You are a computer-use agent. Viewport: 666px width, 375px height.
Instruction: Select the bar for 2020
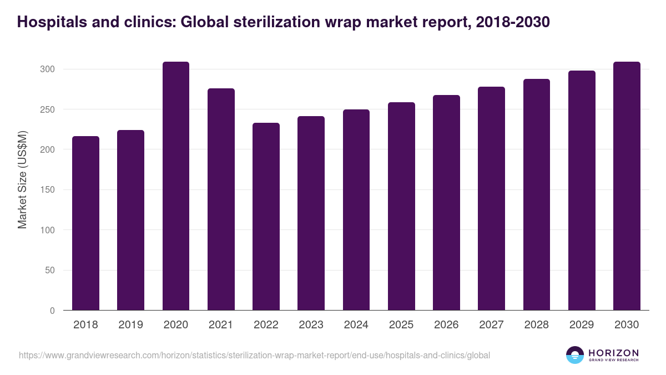click(x=176, y=186)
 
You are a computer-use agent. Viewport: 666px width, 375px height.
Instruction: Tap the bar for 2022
click(x=266, y=217)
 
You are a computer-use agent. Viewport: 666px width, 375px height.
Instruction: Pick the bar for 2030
click(x=627, y=186)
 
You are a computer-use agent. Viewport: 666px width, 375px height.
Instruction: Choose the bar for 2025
click(x=401, y=206)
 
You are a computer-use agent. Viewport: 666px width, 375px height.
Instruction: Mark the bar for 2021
click(x=221, y=199)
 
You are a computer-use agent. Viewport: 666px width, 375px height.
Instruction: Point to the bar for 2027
click(x=491, y=198)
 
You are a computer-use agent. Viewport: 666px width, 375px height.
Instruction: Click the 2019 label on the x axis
click(x=130, y=325)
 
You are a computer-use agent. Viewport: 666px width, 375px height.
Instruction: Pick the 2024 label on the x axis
click(x=356, y=325)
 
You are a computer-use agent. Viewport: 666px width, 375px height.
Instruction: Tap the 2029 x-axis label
click(x=582, y=325)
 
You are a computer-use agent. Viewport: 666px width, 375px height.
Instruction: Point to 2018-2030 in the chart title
click(x=513, y=22)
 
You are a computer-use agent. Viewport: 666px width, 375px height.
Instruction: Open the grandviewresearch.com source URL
click(x=254, y=355)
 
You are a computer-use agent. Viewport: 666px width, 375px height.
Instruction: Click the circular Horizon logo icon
click(x=575, y=355)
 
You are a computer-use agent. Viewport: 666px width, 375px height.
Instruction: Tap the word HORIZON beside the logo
click(x=613, y=352)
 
